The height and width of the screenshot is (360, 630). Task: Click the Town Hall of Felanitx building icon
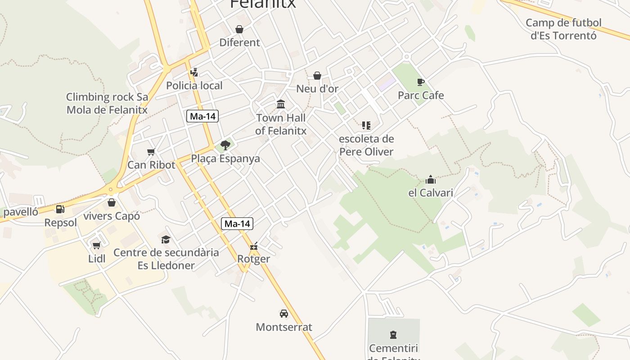281,104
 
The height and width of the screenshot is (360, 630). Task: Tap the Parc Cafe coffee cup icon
420,82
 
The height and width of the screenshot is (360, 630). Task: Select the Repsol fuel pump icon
60,209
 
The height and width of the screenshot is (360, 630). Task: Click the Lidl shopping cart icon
96,245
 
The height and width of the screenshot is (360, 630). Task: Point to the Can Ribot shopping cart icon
151,152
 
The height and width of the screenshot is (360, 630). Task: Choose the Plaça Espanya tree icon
225,145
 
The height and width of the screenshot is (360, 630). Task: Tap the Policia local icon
194,72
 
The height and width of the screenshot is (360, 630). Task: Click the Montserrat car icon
283,314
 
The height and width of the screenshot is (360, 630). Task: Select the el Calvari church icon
431,180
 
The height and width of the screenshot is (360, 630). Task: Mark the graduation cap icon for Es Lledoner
166,239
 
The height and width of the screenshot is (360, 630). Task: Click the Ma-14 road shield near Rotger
237,224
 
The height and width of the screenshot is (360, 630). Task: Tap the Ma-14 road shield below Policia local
202,116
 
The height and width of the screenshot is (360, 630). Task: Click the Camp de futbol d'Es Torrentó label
563,29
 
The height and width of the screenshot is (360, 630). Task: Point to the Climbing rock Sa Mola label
107,103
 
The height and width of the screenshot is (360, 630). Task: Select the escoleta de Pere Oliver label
366,145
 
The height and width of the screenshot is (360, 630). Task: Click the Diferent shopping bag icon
239,29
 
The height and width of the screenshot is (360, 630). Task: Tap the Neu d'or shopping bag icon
317,76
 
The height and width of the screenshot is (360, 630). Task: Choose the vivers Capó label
112,216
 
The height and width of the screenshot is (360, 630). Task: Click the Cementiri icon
393,335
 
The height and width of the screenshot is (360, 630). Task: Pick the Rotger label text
254,259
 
